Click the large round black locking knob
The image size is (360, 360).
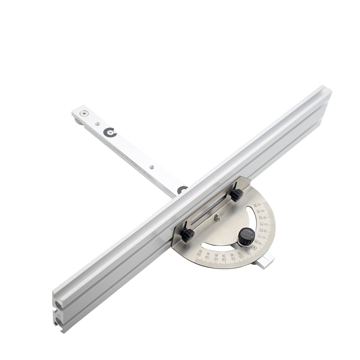246,237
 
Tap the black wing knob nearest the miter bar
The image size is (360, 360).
237,194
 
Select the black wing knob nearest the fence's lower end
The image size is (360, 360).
187,234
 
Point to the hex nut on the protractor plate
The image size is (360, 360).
217,218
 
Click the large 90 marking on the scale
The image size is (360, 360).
255,247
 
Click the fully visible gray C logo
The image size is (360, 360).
110,132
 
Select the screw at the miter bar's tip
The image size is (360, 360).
82,114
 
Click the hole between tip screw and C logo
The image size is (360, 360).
97,123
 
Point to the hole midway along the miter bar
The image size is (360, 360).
151,167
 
